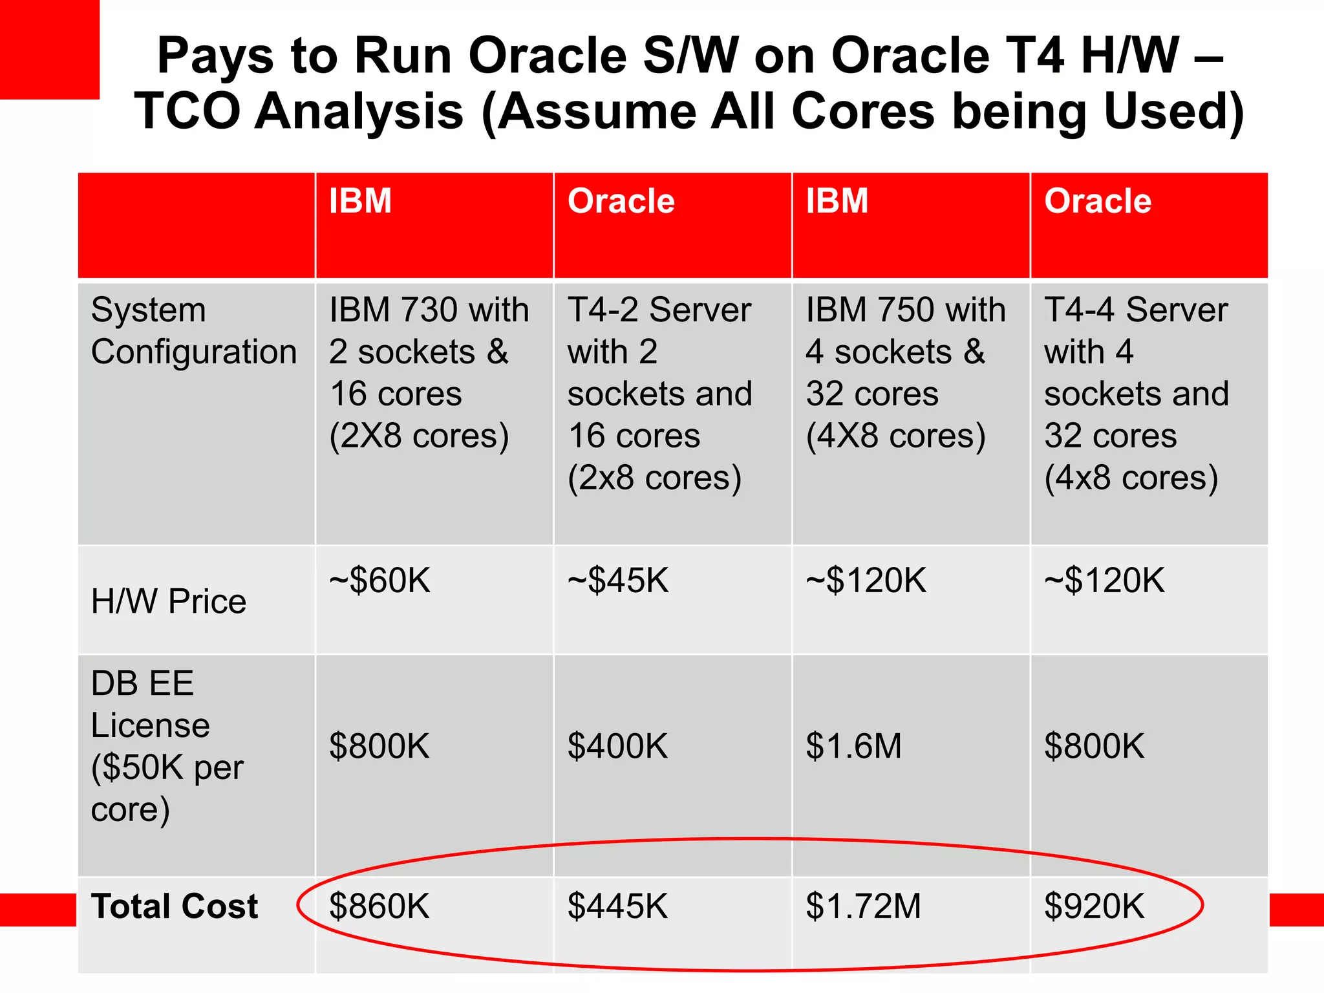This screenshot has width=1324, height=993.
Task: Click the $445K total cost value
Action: coord(617,906)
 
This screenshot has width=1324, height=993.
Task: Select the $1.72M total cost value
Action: coord(863,906)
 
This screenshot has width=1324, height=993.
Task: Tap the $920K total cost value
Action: coord(1094,906)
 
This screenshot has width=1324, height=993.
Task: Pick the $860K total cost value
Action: coord(379,906)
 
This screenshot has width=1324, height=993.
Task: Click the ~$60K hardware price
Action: coord(379,581)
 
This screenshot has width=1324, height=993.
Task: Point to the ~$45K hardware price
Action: coord(617,581)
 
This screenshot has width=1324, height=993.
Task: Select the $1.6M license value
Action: coord(853,746)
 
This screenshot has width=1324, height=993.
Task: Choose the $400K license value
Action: coord(617,746)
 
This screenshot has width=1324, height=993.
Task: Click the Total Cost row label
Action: coord(175,906)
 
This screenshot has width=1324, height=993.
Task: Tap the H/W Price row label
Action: coord(169,602)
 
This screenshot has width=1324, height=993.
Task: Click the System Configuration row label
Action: coord(193,331)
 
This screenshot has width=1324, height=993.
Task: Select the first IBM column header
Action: coord(360,201)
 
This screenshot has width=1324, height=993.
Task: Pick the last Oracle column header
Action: coord(1098,201)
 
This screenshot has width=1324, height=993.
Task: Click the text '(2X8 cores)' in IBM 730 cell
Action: coord(419,436)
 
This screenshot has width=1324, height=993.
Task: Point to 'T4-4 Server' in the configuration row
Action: coord(1136,310)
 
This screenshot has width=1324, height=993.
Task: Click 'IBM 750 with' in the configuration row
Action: coord(905,310)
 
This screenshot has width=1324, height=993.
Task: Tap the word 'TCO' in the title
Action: coord(187,111)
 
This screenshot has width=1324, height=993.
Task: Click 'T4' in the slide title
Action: coord(1034,56)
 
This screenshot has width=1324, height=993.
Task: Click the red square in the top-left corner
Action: coord(49,49)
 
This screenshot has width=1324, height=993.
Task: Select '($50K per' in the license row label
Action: coord(167,768)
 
